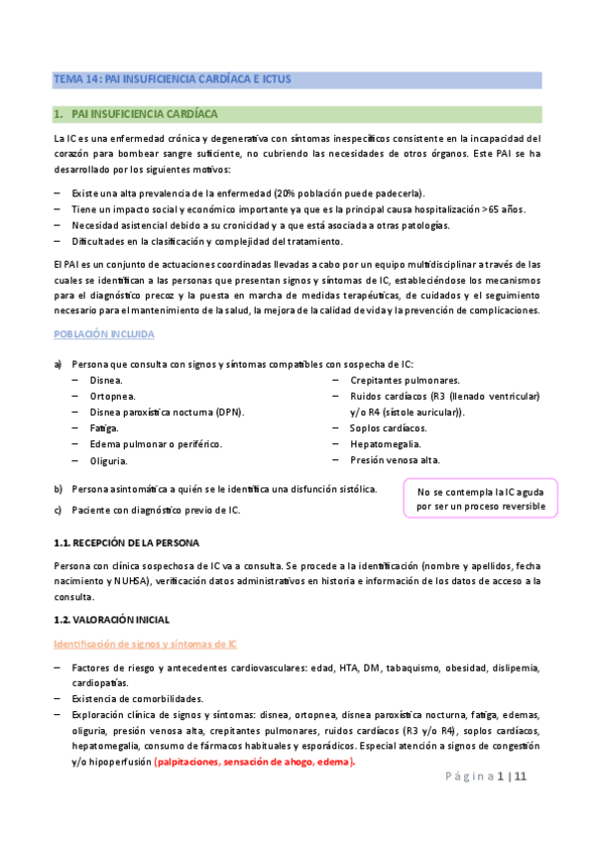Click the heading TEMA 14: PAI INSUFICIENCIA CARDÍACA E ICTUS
[172, 78]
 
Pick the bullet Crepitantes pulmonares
[404, 380]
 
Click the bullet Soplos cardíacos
[388, 427]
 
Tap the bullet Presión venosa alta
[395, 459]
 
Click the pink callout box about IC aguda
[481, 499]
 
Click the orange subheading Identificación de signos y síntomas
[145, 644]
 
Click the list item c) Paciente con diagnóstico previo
[154, 510]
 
